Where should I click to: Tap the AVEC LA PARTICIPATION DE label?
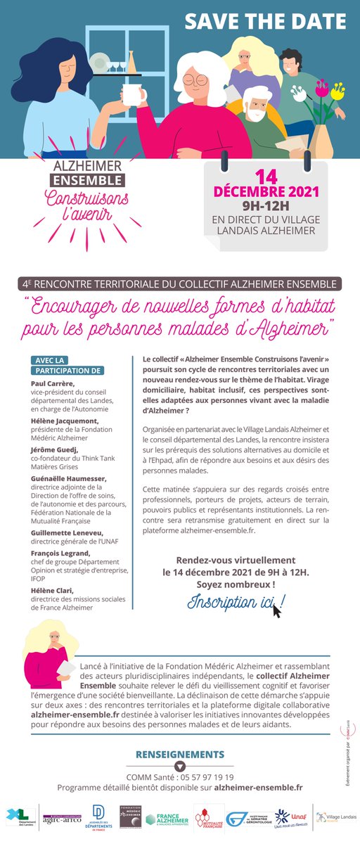coord(67,365)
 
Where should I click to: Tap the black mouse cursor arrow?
coord(276,610)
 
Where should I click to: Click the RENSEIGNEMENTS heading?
coord(179,752)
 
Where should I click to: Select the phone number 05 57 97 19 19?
coord(205,777)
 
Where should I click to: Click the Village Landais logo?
coord(335,818)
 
